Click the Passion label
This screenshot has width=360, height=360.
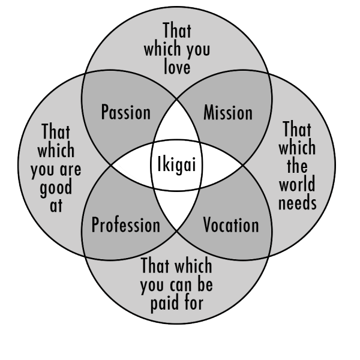click(125, 112)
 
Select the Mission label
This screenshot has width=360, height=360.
click(227, 112)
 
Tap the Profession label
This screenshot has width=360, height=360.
click(125, 226)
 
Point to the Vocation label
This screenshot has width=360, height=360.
click(231, 226)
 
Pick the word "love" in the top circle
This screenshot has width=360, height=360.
click(177, 67)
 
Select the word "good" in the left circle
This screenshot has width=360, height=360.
click(56, 188)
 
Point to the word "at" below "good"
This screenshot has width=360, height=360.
click(56, 205)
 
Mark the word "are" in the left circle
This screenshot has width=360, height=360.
click(71, 169)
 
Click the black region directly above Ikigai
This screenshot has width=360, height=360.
click(177, 129)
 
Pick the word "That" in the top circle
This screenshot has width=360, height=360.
click(177, 30)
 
